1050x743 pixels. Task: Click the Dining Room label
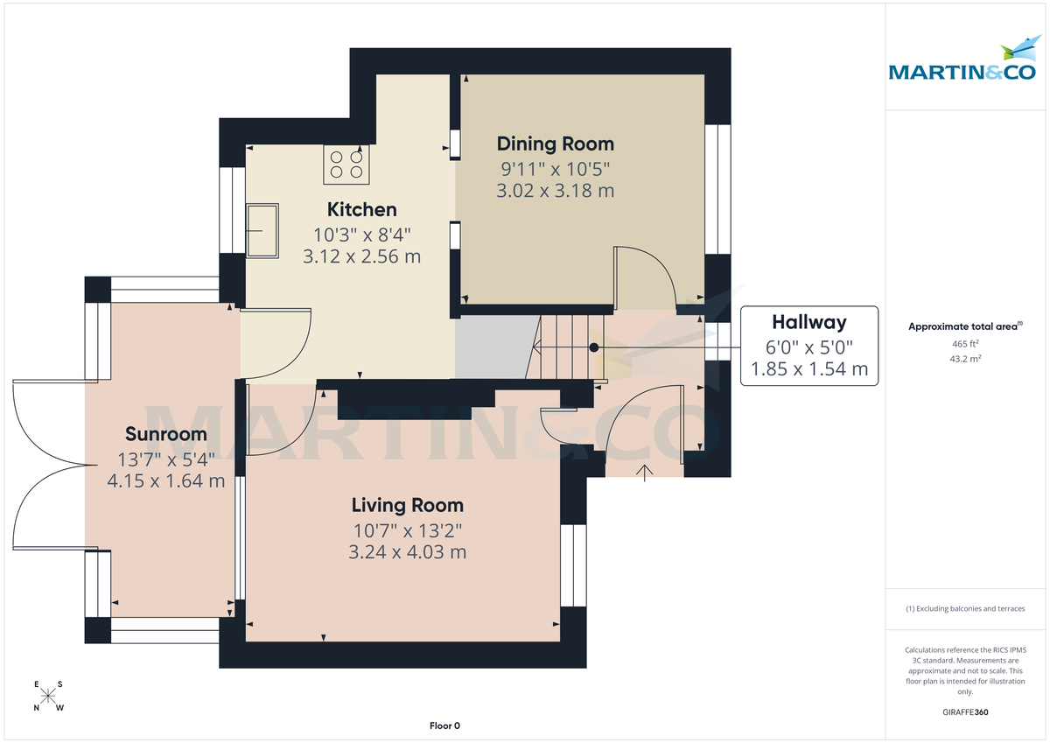[x=555, y=144]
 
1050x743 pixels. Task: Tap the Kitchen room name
[x=361, y=210]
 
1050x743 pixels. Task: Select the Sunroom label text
[x=166, y=434]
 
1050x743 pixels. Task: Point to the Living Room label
[x=407, y=505]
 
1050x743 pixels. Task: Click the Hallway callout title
[x=808, y=321]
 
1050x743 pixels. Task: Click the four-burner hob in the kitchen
[x=346, y=164]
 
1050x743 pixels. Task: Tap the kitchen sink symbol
[x=262, y=231]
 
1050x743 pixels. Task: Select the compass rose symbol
[x=49, y=697]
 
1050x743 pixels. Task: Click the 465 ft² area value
[x=964, y=344]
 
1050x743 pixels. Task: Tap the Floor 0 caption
[x=444, y=725]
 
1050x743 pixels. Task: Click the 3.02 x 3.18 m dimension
[x=555, y=191]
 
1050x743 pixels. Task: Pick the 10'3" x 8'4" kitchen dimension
[x=361, y=235]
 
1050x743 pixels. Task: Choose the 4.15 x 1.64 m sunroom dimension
[x=166, y=480]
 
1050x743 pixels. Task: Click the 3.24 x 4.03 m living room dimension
[x=407, y=552]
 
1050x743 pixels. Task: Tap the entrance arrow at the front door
[x=646, y=473]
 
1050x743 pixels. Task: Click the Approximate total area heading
[x=964, y=326]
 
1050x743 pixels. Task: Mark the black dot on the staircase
[x=594, y=347]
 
